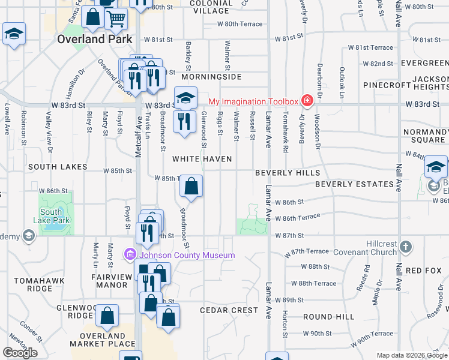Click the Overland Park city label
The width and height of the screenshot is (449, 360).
tap(86, 39)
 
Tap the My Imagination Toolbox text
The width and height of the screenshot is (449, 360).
tap(253, 101)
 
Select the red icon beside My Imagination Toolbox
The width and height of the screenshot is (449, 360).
tap(307, 100)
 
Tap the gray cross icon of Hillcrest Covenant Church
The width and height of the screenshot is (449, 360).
tap(406, 246)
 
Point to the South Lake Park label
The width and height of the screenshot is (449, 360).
tap(55, 216)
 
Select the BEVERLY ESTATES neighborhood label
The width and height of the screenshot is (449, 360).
tap(354, 184)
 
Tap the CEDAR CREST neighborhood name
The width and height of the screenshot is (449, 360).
tap(229, 310)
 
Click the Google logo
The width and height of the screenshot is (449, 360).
tap(20, 353)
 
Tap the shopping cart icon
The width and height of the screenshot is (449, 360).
tap(116, 19)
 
